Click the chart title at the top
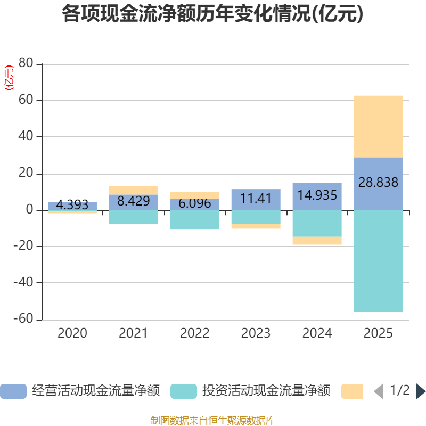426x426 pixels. point(212,13)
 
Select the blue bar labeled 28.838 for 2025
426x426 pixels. point(378,184)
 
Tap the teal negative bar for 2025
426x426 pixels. point(378,261)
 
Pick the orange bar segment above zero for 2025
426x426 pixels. point(378,127)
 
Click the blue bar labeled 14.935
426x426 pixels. point(317,196)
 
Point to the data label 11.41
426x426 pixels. point(256,198)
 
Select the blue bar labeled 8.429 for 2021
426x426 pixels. point(134,202)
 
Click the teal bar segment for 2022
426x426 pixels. point(195,219)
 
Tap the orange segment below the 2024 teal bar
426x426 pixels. point(317,241)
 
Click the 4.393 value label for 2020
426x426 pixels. point(72,204)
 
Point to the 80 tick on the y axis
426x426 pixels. point(26,63)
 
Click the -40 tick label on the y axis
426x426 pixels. point(23,282)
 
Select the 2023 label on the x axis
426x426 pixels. point(256,333)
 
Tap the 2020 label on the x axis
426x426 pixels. point(72,333)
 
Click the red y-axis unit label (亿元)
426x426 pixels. point(9,78)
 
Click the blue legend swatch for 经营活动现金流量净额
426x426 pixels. point(13,391)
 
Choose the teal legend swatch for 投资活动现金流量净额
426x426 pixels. point(184,391)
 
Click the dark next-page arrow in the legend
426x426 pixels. point(421,391)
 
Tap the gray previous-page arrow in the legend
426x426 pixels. point(379,391)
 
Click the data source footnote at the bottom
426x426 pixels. point(213,420)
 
